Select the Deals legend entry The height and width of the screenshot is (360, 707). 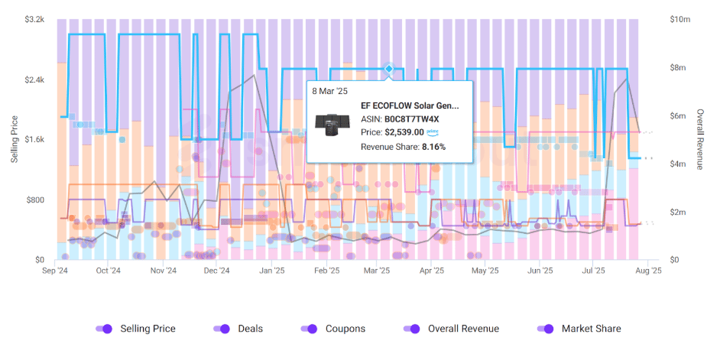(x=238, y=329)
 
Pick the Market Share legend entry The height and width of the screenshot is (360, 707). (x=580, y=329)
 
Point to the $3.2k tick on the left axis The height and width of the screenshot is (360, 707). (x=34, y=19)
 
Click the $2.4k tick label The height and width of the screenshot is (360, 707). (x=34, y=79)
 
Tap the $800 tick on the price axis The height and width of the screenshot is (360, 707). (x=35, y=200)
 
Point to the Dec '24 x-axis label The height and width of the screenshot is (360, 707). (x=218, y=271)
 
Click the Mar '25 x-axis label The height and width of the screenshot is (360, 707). (x=377, y=271)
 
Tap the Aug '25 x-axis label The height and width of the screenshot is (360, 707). (x=647, y=271)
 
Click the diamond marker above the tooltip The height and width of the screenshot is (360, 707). (x=388, y=69)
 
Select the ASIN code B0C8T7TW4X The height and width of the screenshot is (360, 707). (x=411, y=118)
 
